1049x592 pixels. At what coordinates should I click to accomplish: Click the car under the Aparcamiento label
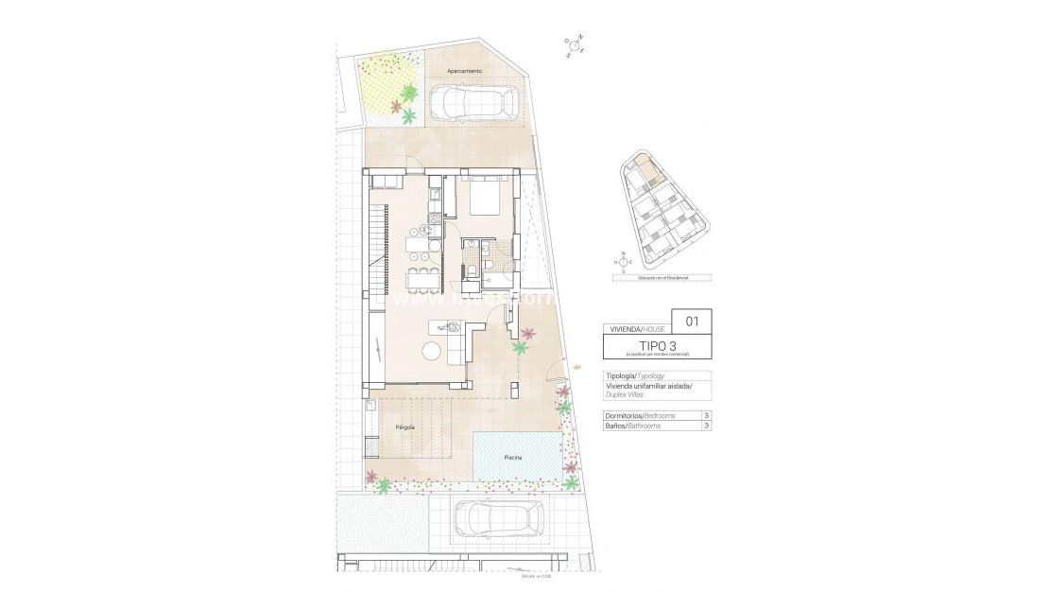[x=475, y=103]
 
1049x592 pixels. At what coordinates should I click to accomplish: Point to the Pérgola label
[x=405, y=427]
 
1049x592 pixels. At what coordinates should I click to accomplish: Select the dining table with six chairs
[x=421, y=279]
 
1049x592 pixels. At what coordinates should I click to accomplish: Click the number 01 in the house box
[x=692, y=321]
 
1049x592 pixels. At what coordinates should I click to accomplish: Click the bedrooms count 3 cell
[x=706, y=415]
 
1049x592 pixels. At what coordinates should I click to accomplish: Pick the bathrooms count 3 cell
[x=706, y=427]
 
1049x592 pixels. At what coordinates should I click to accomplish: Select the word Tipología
[x=619, y=375]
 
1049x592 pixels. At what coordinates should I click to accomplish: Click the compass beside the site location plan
[x=623, y=260]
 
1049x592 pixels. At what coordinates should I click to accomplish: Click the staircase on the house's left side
[x=378, y=250]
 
